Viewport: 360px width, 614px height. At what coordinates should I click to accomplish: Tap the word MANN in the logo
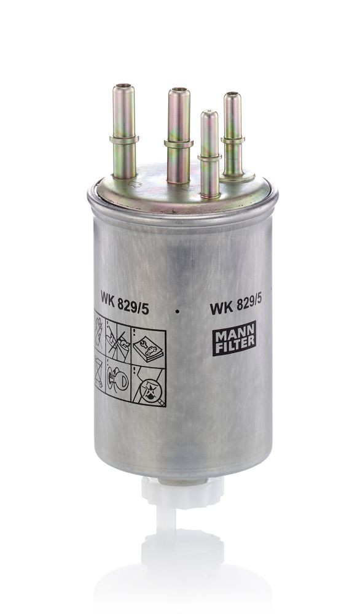233,336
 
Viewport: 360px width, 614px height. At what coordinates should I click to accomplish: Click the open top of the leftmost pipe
123,88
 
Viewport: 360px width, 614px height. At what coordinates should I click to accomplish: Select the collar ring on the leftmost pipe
123,139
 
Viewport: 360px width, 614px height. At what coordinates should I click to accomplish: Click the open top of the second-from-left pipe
179,92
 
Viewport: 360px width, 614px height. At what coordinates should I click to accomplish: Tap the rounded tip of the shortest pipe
209,114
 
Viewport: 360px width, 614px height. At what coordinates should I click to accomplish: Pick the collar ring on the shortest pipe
209,157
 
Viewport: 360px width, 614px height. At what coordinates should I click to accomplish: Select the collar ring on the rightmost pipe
232,140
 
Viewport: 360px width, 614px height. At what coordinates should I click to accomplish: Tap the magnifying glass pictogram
149,388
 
